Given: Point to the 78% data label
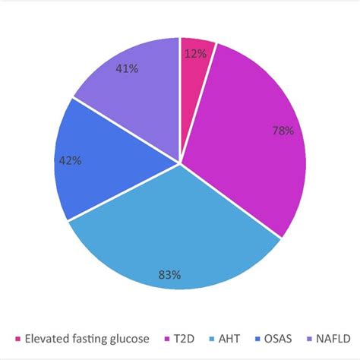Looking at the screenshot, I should click(282, 130).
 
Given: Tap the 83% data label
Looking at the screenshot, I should click(169, 275).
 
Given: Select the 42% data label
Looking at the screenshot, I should click(70, 160).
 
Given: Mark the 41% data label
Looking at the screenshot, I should click(127, 68).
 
